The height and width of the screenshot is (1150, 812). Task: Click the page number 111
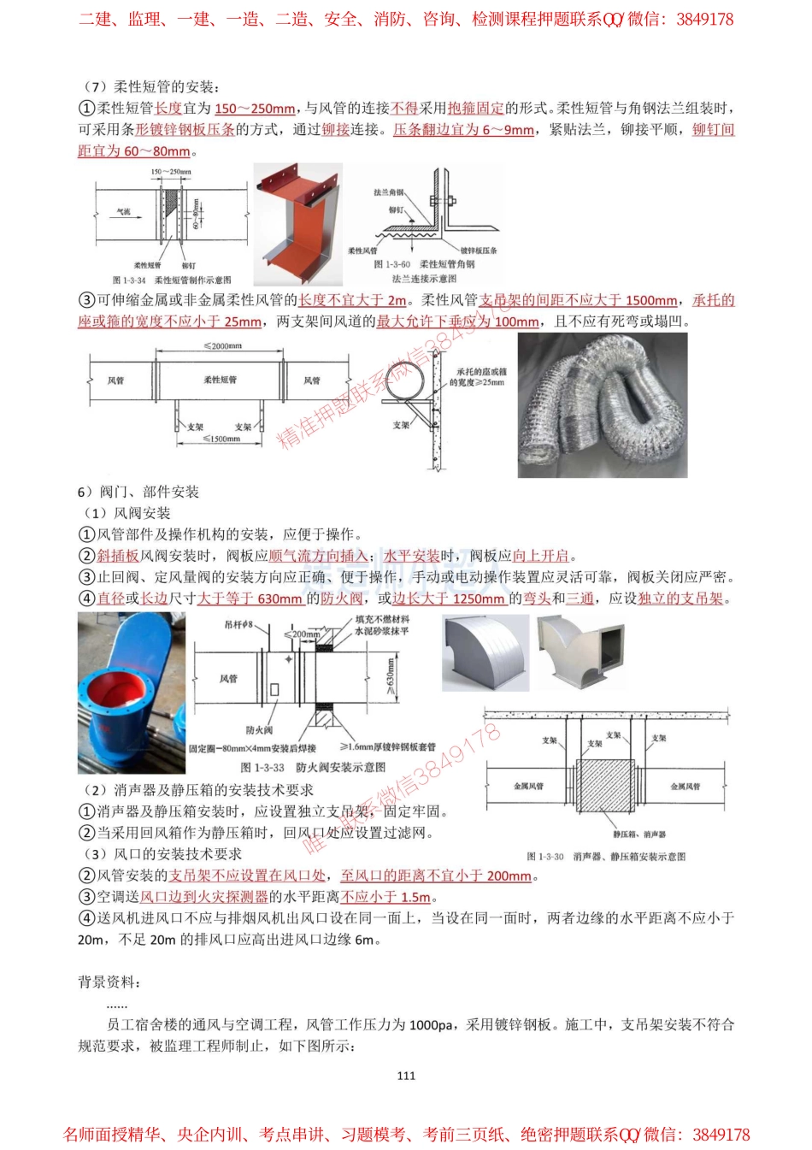406,1076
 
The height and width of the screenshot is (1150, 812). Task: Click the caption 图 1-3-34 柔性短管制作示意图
172,280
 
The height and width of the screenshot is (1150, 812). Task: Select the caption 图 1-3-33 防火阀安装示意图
313,767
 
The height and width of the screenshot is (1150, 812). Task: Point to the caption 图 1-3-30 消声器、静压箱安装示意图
606,856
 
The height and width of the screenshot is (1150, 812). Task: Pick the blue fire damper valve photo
131,692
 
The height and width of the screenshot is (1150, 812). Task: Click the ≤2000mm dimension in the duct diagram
222,346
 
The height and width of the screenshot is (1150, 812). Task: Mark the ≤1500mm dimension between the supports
221,439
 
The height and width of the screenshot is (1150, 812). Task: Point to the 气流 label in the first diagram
124,211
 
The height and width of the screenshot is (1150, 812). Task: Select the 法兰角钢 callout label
388,192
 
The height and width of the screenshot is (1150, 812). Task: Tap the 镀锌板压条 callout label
478,251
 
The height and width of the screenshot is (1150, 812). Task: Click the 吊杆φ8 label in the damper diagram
238,624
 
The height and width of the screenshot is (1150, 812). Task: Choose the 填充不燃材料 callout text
382,619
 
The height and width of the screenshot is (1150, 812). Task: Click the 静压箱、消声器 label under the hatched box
638,834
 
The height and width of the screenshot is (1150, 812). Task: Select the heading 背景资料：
110,982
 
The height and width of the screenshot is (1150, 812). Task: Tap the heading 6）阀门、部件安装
138,492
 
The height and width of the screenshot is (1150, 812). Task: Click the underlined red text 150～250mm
255,109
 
